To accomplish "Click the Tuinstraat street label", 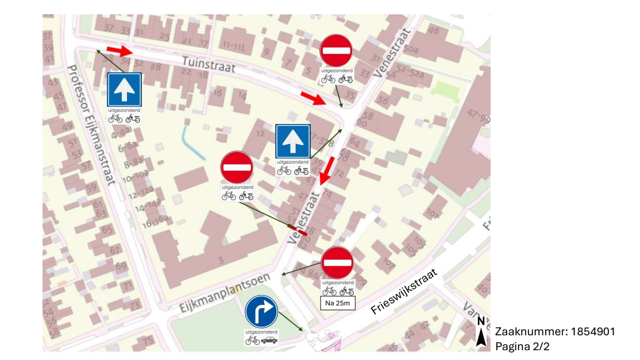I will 209,64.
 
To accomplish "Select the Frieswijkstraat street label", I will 404,292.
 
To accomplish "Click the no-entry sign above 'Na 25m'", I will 337,263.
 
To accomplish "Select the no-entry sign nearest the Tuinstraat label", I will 336,51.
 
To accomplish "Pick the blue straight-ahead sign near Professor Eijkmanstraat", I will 124,90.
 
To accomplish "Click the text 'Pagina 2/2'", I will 522,346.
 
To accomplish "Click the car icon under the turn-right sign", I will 269,340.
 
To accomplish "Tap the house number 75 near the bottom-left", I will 148,340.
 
